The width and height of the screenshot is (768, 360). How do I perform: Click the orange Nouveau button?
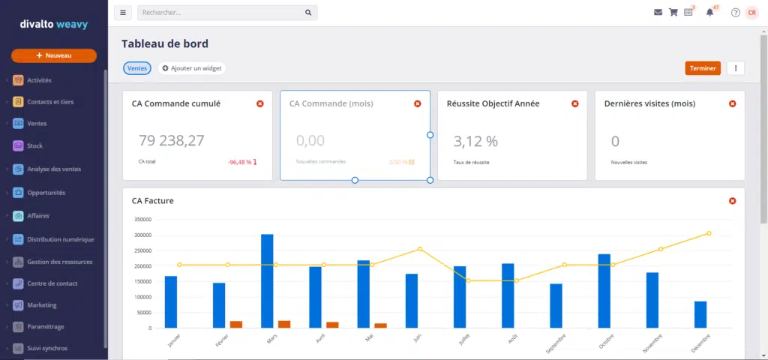coord(53,55)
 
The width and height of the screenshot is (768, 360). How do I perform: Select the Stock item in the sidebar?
coord(34,145)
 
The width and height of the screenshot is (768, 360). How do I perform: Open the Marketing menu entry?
coord(41,305)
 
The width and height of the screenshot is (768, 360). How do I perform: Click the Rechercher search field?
coord(221,13)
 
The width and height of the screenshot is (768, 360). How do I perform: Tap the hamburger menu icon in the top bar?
coord(123,13)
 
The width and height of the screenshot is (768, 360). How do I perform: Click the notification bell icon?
coord(709,13)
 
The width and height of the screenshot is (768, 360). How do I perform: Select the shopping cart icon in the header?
coord(673,13)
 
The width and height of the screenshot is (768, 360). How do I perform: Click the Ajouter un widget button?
coord(191,68)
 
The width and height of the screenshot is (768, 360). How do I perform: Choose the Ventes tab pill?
coord(137,68)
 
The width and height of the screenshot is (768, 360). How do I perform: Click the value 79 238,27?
coord(171,140)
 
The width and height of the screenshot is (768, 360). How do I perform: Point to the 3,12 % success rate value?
coord(475,140)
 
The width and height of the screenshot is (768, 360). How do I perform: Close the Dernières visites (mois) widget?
coord(732,103)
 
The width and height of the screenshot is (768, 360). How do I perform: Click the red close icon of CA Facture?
coord(732,201)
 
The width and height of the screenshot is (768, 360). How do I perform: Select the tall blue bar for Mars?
coord(267,280)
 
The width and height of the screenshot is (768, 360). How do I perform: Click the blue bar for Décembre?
coord(700,314)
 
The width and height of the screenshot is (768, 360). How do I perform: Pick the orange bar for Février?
coord(236,324)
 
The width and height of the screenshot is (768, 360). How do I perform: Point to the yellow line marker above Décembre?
coord(709,233)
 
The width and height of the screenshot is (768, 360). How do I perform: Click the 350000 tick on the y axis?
coord(142,220)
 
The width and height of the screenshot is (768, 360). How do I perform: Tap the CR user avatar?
coord(751,13)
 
